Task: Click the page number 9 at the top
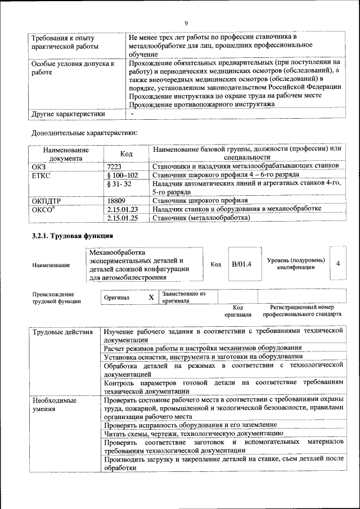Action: point(185,23)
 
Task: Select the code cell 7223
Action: point(114,166)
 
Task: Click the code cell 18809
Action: point(116,200)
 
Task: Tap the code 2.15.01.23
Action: point(122,209)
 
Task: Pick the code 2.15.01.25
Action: point(122,218)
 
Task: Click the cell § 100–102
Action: point(122,175)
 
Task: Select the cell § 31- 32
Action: point(119,184)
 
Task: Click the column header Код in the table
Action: point(127,154)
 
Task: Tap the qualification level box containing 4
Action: point(337,263)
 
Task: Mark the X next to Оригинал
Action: point(151,297)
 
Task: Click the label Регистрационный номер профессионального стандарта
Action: point(301,311)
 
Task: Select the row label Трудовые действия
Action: point(62,332)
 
